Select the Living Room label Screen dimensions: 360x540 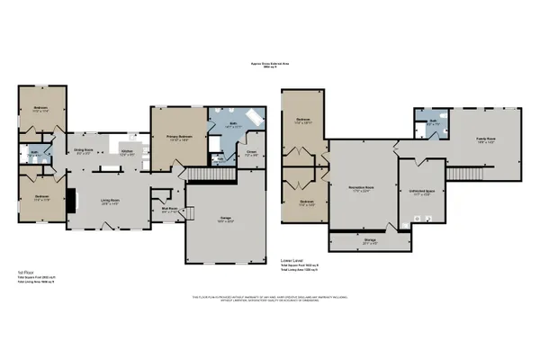[111, 201]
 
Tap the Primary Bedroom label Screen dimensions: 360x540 [178, 137]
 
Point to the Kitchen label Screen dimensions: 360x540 [128, 153]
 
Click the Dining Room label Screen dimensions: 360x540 [84, 149]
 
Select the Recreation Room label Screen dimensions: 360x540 [362, 187]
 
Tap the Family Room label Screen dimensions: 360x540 [487, 139]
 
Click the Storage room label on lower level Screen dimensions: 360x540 [369, 241]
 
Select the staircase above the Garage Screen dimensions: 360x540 [203, 175]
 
